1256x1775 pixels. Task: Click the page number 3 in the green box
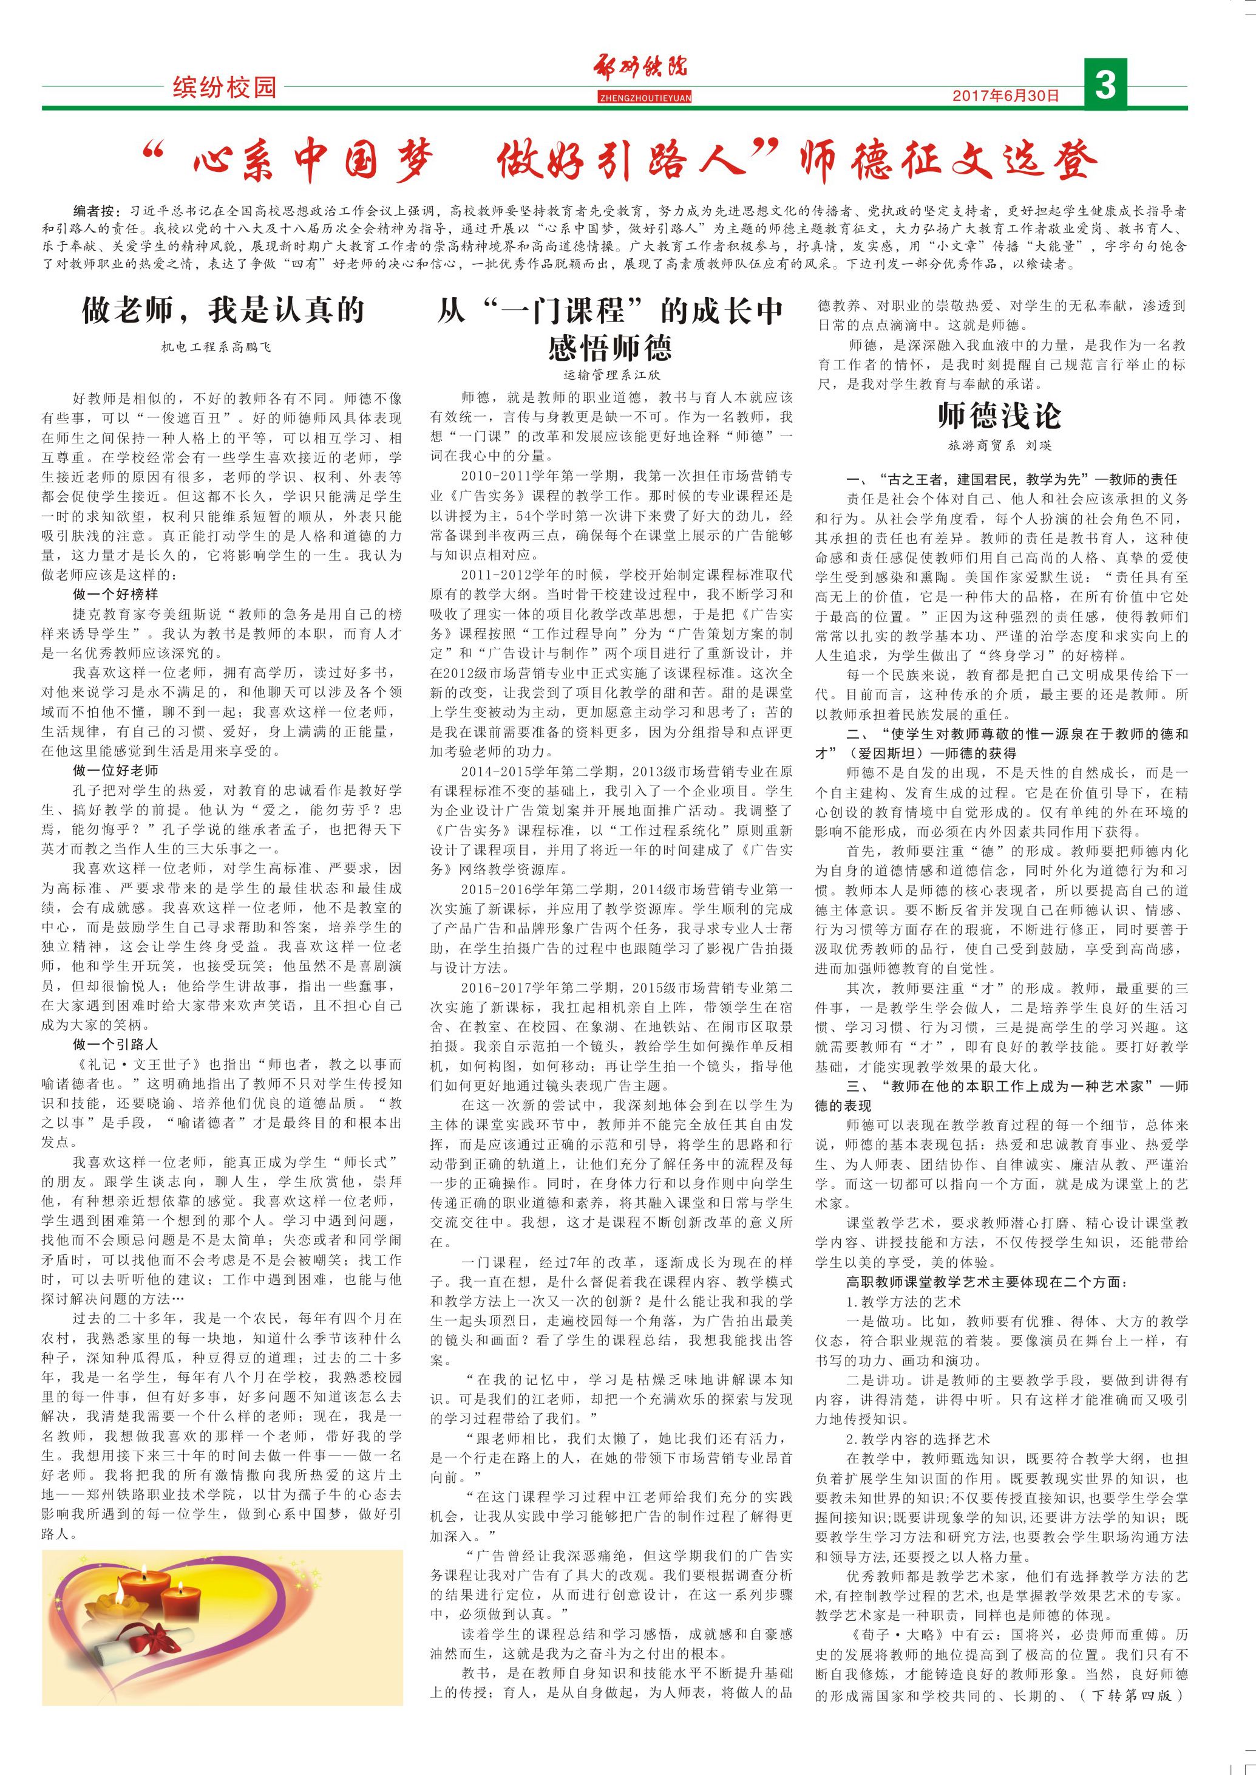click(1105, 84)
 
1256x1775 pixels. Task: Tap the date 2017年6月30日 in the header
click(1005, 96)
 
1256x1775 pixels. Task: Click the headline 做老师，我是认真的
click(223, 310)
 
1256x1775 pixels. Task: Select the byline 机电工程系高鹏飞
click(217, 347)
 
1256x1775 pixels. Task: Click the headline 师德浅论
click(999, 416)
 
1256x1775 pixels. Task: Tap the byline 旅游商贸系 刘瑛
click(999, 446)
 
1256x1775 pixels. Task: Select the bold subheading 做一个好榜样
click(115, 594)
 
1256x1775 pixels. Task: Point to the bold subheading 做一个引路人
click(115, 1044)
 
